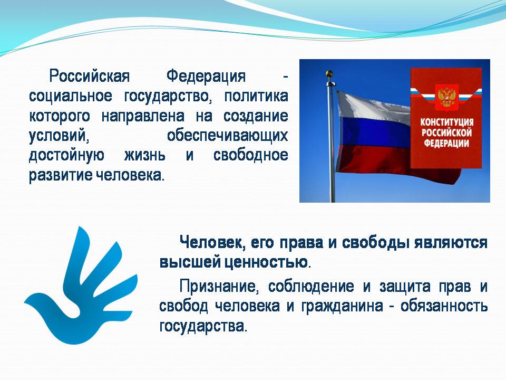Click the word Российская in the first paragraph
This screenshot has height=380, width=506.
(90, 77)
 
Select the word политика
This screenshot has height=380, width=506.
(256, 96)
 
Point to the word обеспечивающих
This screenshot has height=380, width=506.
(228, 136)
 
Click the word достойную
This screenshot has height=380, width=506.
(66, 155)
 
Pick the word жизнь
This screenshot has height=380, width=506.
(144, 155)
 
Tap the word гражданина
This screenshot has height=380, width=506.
(342, 306)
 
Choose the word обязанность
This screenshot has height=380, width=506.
(444, 306)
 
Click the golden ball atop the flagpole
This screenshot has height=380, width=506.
(329, 73)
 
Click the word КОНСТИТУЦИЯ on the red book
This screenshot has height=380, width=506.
(446, 122)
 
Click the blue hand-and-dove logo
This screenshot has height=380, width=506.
(81, 286)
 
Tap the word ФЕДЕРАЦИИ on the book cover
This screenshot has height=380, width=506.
(446, 143)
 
